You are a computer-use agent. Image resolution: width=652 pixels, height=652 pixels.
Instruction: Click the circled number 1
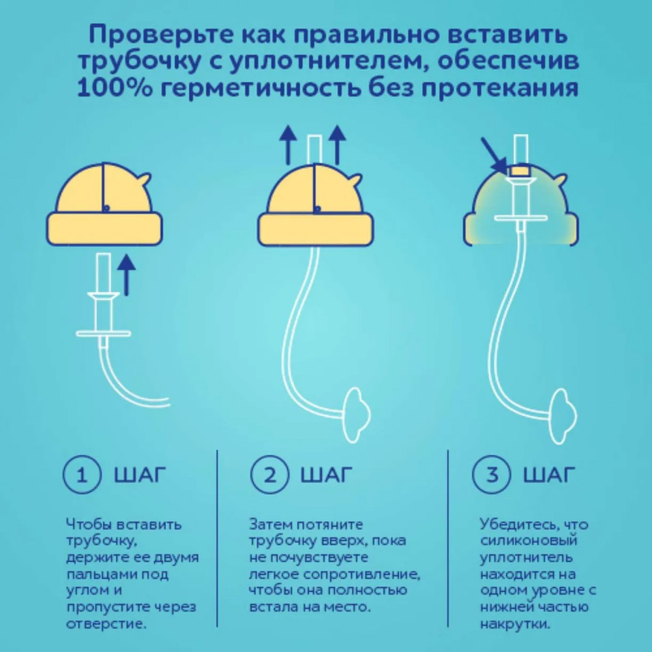tap(82, 475)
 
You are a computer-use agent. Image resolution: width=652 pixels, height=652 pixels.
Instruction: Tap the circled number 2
tap(269, 475)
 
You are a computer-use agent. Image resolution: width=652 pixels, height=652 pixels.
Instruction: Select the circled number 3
tap(492, 475)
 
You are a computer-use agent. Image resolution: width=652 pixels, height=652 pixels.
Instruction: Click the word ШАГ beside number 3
tap(549, 475)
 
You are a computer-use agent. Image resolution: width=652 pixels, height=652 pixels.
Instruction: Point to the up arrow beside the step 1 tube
tap(126, 275)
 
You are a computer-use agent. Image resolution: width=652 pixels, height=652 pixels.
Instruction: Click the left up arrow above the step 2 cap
tap(288, 145)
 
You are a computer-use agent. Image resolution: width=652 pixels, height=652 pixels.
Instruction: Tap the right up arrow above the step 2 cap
tap(337, 145)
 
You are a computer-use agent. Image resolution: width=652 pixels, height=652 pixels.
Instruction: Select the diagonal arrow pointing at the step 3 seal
tap(494, 156)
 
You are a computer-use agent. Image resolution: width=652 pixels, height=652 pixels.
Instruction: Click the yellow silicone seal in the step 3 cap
tap(520, 171)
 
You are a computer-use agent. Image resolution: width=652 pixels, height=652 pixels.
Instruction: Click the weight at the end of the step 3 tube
tap(563, 415)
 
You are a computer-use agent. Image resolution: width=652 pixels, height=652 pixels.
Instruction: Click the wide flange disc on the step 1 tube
tap(103, 333)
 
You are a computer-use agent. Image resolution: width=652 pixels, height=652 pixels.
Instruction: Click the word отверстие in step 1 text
tap(106, 624)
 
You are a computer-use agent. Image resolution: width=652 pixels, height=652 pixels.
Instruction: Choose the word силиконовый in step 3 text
tap(529, 541)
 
